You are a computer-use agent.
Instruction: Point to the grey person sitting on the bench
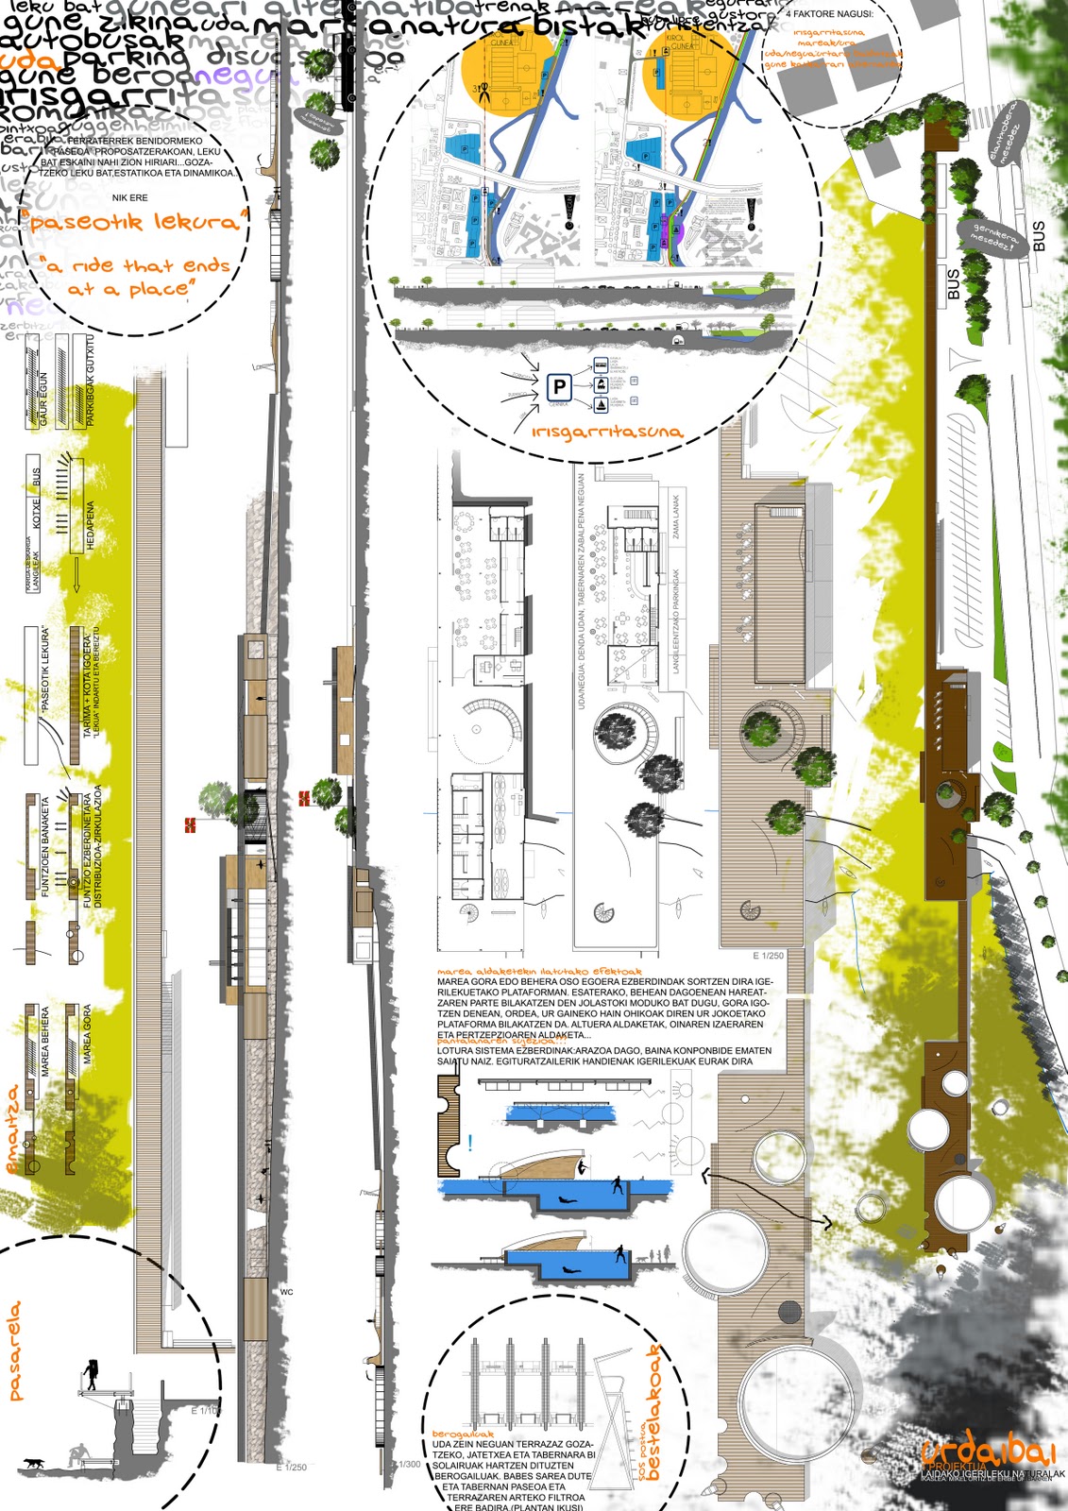click(x=82, y=1454)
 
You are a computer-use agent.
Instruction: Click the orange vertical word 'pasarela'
click(x=15, y=1350)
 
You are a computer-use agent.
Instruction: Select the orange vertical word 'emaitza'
click(x=13, y=1129)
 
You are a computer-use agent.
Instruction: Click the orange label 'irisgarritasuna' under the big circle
click(x=607, y=432)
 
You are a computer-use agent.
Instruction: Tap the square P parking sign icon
click(x=560, y=386)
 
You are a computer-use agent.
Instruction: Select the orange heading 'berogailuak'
click(x=464, y=1434)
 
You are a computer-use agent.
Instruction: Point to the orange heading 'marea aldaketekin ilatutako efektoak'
click(x=539, y=971)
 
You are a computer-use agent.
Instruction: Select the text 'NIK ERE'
click(x=130, y=198)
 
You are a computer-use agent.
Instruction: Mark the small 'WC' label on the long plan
click(x=287, y=1291)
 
